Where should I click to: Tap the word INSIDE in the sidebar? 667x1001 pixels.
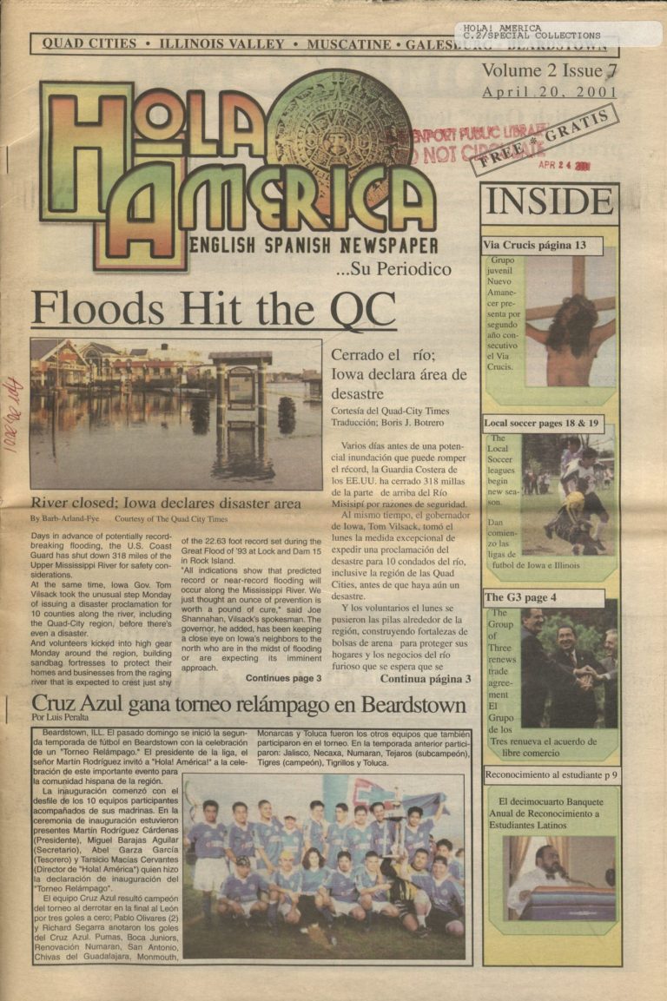pyautogui.click(x=549, y=202)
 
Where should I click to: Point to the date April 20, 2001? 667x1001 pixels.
pyautogui.click(x=549, y=91)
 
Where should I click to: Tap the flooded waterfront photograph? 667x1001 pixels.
pyautogui.click(x=175, y=413)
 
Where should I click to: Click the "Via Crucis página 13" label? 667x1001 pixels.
pyautogui.click(x=533, y=246)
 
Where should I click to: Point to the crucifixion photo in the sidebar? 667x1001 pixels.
pyautogui.click(x=570, y=321)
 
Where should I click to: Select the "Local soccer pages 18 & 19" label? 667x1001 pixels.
pyautogui.click(x=542, y=424)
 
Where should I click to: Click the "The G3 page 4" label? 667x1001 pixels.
pyautogui.click(x=520, y=597)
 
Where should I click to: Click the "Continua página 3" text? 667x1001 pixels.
pyautogui.click(x=426, y=679)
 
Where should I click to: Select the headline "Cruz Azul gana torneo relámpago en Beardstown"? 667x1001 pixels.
pyautogui.click(x=248, y=703)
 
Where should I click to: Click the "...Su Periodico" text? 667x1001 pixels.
pyautogui.click(x=393, y=269)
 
